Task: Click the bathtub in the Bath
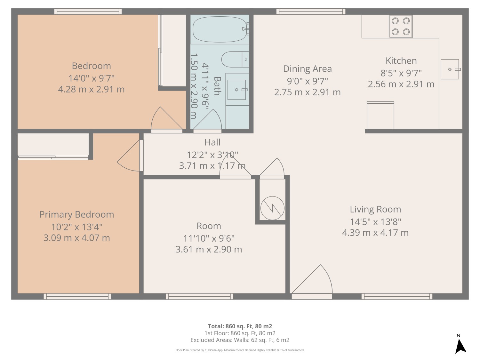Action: click(x=220, y=29)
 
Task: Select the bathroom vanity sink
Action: click(x=236, y=90)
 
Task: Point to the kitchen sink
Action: click(x=450, y=69)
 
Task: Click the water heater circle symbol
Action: click(x=272, y=208)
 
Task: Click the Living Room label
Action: click(x=375, y=209)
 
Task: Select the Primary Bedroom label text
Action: click(x=76, y=214)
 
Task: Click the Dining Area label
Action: click(x=307, y=69)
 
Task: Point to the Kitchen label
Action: click(x=401, y=61)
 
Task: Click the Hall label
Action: click(x=212, y=142)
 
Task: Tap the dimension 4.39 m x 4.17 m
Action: click(x=375, y=233)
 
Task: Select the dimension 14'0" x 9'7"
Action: click(x=91, y=78)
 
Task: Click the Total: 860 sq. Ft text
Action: click(x=240, y=326)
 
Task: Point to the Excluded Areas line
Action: click(x=240, y=340)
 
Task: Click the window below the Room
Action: click(x=199, y=297)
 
